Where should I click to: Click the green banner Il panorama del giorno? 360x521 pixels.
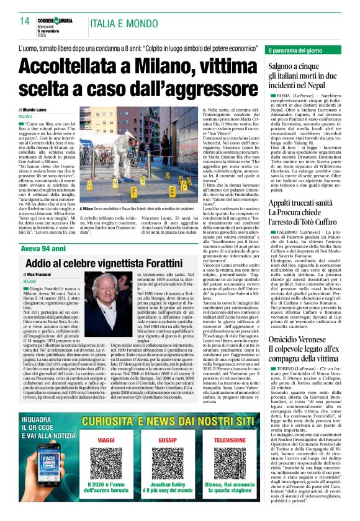pyautogui.click(x=299, y=50)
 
